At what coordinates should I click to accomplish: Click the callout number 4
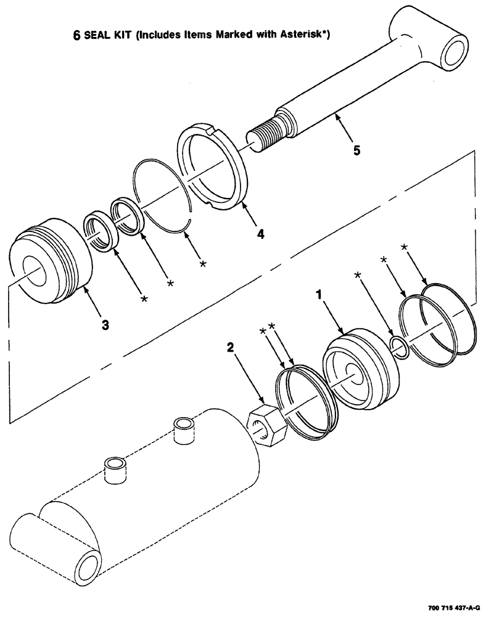[x=261, y=234]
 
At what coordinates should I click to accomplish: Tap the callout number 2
[x=230, y=348]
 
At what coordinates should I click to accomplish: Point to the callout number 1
[x=319, y=296]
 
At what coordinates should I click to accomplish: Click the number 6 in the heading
[x=77, y=36]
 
